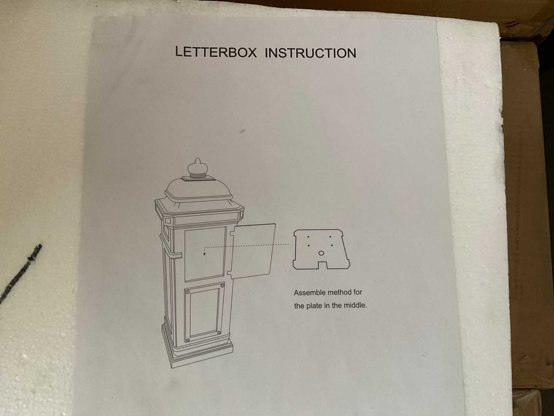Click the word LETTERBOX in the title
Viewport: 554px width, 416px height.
coord(216,52)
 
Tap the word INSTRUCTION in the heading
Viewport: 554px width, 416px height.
coord(310,53)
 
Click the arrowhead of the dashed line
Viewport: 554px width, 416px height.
coord(204,254)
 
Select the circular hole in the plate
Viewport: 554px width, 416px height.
coord(321,253)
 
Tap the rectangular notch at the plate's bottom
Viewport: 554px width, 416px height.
coord(323,265)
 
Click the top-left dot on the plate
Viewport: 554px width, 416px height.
coord(308,237)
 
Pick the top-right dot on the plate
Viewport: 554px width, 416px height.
coord(330,237)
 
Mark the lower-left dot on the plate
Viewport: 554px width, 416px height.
coord(309,245)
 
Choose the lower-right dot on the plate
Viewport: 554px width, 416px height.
coord(332,245)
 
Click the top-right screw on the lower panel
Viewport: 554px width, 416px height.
coord(222,285)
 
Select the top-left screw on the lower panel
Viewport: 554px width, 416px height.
coord(188,292)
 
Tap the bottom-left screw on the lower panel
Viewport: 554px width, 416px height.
coord(188,340)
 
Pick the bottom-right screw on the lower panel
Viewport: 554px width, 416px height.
coord(219,332)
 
